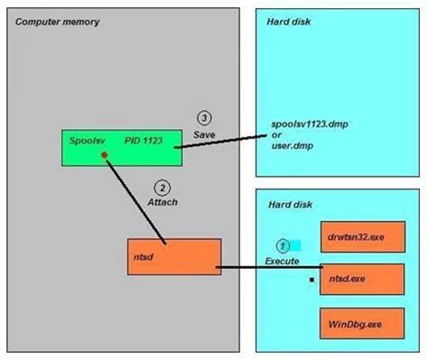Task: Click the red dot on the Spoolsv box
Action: (105, 155)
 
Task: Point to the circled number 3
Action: (204, 119)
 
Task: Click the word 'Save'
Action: (205, 134)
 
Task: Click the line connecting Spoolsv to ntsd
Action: (135, 200)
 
